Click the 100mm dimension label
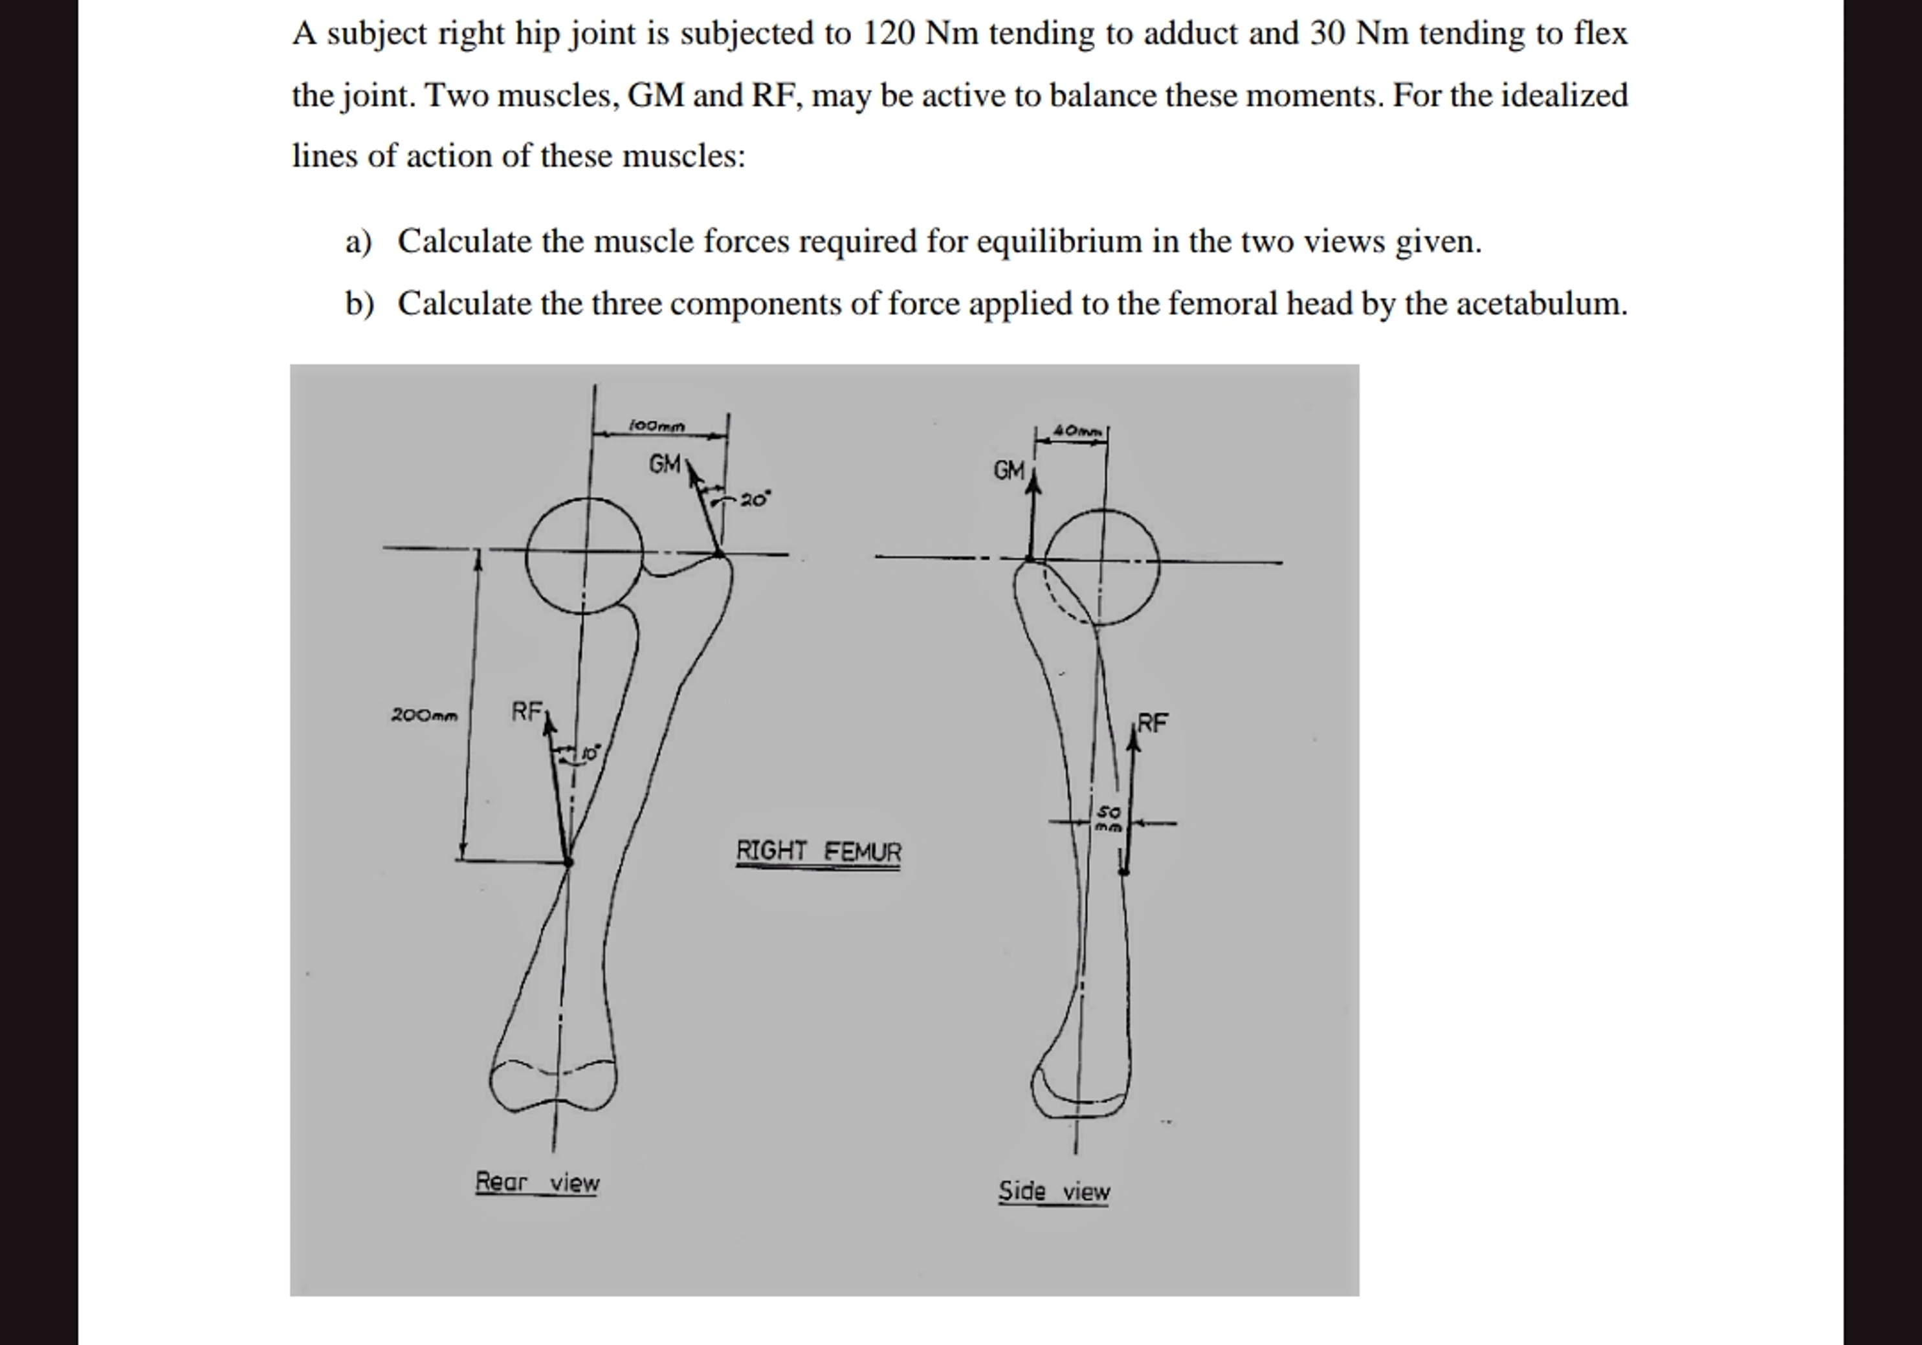pos(657,426)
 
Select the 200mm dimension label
pos(425,716)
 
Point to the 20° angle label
pos(754,499)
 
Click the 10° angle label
pos(590,753)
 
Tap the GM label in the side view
pos(1009,470)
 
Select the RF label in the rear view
pos(527,712)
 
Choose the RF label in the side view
pos(1153,722)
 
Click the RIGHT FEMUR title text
pos(819,851)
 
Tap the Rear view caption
pos(537,1182)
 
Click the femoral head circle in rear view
pos(584,555)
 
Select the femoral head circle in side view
pos(1101,567)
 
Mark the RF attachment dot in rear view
pos(568,861)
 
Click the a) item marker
pos(359,242)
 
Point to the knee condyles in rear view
pos(553,1085)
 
